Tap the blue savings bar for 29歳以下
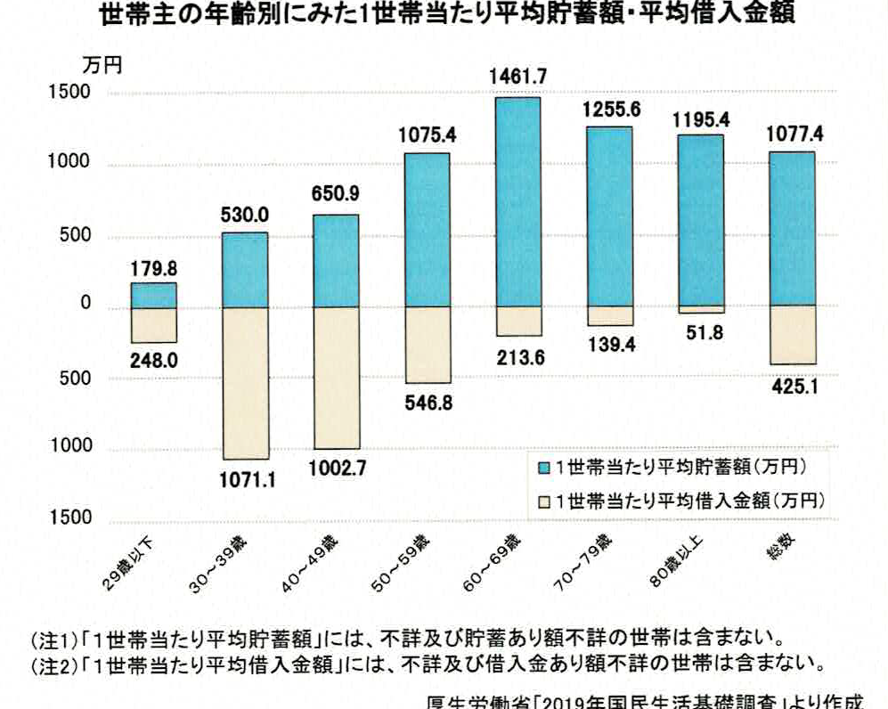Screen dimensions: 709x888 155,296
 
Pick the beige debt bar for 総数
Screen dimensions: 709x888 792,335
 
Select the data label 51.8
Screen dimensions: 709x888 701,334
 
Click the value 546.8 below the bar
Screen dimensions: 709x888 428,403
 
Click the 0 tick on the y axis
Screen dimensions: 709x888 87,306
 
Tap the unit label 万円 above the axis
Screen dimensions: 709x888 97,64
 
